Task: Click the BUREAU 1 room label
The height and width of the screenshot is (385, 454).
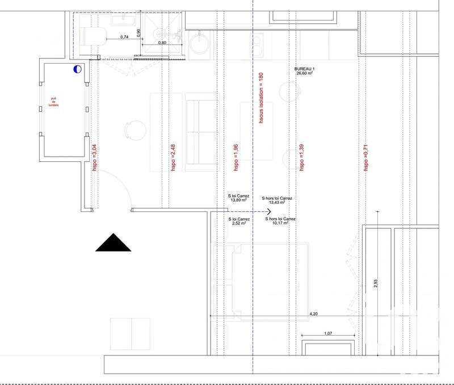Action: (305, 68)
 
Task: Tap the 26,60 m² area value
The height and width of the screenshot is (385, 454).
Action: (305, 73)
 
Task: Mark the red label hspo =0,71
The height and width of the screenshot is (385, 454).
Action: (366, 157)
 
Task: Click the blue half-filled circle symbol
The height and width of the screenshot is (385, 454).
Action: (77, 69)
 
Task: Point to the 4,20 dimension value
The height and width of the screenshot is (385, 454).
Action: (313, 313)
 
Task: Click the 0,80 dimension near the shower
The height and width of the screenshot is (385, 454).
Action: (162, 42)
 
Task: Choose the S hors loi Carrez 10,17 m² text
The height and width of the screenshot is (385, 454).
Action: (280, 221)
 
